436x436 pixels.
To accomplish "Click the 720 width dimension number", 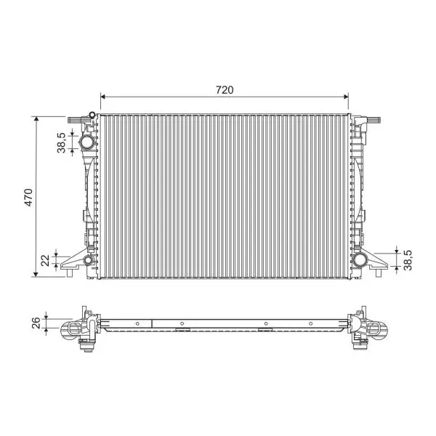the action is tap(225, 90).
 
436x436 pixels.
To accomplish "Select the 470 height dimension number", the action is tap(29, 198).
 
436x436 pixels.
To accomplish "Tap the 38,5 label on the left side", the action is tap(62, 142).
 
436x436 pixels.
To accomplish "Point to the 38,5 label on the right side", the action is tap(408, 260).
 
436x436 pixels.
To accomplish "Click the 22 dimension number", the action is tap(45, 260).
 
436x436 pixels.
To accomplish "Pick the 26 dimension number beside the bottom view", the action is tap(36, 323).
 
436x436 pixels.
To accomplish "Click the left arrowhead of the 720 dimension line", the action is tap(103, 97).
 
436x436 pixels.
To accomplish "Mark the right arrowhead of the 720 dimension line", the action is tap(346, 97).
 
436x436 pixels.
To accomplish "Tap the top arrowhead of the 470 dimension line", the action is tap(36, 119).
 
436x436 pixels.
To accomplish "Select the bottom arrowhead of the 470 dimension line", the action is tap(36, 274).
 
